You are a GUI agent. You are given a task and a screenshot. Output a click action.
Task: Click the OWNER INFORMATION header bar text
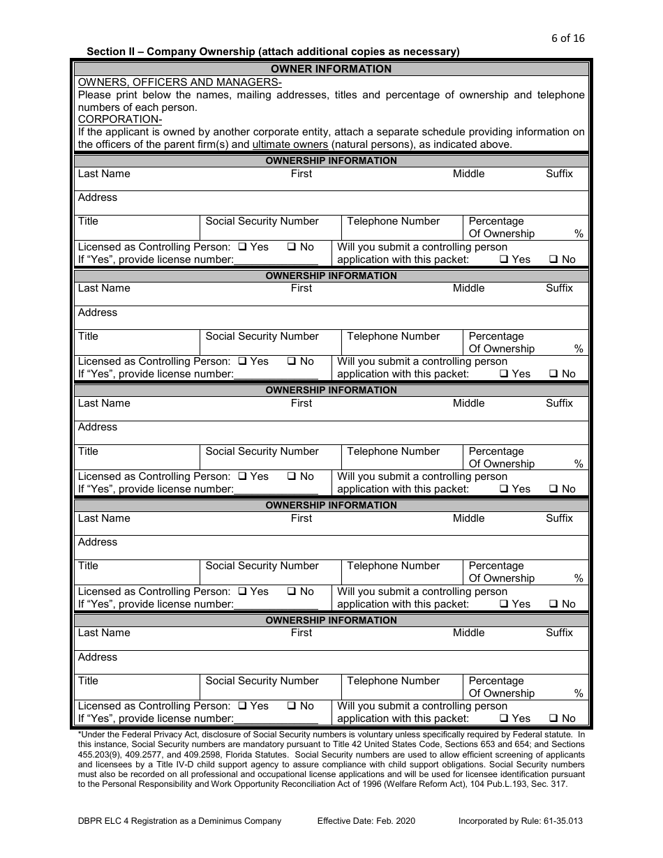click(331, 69)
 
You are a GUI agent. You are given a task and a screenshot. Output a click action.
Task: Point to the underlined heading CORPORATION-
click(120, 119)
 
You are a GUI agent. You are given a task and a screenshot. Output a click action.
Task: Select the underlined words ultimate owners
click(290, 144)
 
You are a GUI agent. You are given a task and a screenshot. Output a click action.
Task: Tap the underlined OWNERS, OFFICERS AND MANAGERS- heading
click(180, 82)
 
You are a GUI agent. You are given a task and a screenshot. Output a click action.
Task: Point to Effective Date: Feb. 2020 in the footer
click(366, 821)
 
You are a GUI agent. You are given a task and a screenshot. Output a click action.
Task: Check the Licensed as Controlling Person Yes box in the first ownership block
click(242, 247)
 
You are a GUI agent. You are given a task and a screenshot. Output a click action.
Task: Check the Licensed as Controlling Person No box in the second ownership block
click(292, 362)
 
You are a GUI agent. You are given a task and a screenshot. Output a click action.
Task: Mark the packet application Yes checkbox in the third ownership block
click(504, 490)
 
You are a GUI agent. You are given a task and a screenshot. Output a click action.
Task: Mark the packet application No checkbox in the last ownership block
click(553, 719)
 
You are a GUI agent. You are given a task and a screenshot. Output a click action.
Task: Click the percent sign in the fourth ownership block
click(579, 578)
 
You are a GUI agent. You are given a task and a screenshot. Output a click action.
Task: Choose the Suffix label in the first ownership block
click(559, 174)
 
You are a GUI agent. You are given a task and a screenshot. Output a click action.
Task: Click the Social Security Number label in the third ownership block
click(262, 451)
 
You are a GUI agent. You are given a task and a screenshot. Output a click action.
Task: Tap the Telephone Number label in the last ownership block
click(393, 681)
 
